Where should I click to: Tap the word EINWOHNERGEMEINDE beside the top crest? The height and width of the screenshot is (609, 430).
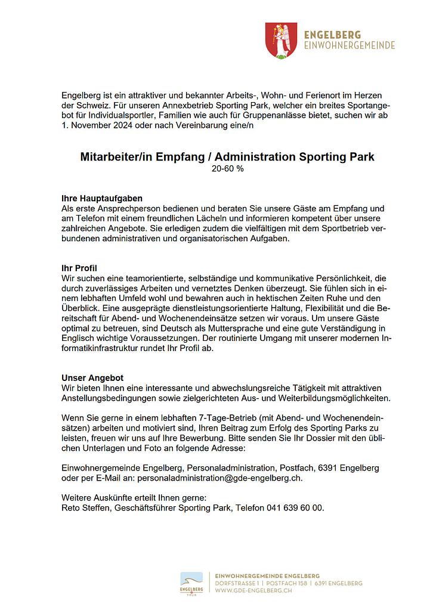pyautogui.click(x=349, y=45)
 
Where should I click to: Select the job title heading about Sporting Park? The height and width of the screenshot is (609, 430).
pyautogui.click(x=227, y=158)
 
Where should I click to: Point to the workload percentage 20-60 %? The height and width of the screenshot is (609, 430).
pyautogui.click(x=227, y=169)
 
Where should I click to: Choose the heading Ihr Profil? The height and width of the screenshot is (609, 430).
pyautogui.click(x=79, y=267)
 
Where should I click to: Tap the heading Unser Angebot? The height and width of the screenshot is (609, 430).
pyautogui.click(x=92, y=378)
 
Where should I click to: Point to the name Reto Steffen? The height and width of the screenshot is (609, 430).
pyautogui.click(x=85, y=508)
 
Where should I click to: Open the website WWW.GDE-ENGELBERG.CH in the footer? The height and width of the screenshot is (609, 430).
pyautogui.click(x=253, y=590)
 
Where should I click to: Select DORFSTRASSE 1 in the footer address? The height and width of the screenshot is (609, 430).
pyautogui.click(x=238, y=583)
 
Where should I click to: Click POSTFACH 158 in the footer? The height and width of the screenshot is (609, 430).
pyautogui.click(x=285, y=583)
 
